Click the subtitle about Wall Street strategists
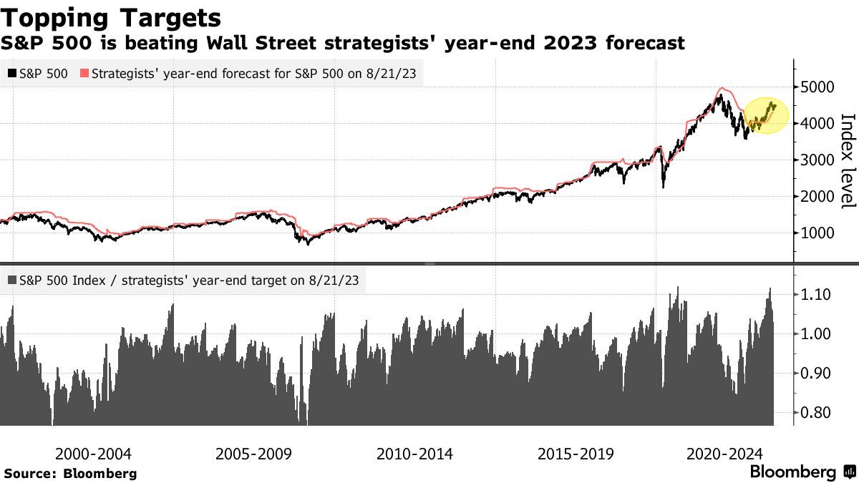pyautogui.click(x=342, y=44)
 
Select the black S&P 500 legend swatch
pyautogui.click(x=11, y=73)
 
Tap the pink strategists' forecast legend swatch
pyautogui.click(x=84, y=73)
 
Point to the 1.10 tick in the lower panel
pyautogui.click(x=815, y=294)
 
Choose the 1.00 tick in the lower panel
pyautogui.click(x=815, y=333)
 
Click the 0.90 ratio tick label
pyautogui.click(x=815, y=373)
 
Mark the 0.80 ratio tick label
pyautogui.click(x=815, y=413)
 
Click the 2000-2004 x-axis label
pyautogui.click(x=93, y=454)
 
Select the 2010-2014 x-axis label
pyautogui.click(x=414, y=454)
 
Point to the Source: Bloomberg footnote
pyautogui.click(x=70, y=473)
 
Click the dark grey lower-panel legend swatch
pyautogui.click(x=11, y=280)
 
